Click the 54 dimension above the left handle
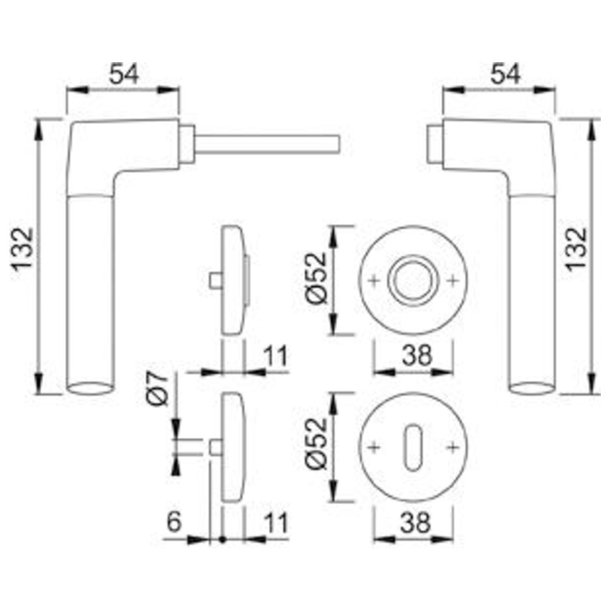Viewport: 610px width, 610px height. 123,74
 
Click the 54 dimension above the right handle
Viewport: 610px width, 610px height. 505,74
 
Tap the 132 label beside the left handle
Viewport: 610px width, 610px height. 22,249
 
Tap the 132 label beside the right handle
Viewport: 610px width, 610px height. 576,249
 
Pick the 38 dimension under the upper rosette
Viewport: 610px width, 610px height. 416,355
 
